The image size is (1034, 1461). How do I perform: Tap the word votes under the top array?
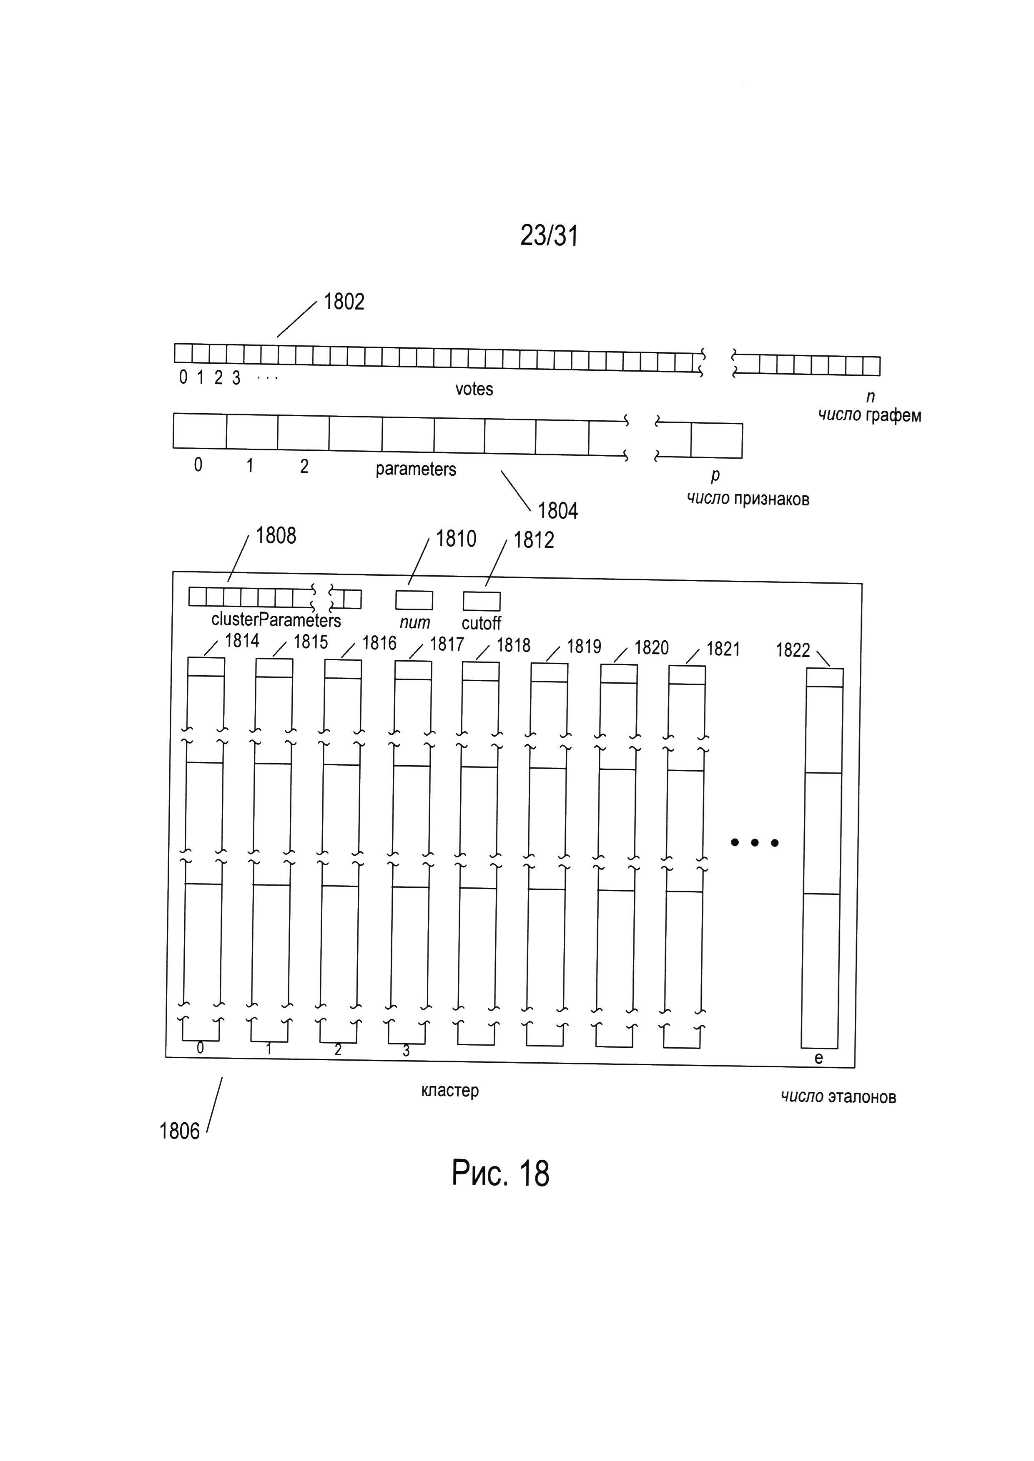point(474,389)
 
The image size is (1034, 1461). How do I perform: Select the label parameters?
point(416,470)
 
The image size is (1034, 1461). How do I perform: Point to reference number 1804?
point(558,511)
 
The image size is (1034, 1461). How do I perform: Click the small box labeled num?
point(414,600)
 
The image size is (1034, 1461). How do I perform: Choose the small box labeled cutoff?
point(481,601)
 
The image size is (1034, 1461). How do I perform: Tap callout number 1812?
point(534,540)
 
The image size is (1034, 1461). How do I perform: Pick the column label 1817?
point(447,644)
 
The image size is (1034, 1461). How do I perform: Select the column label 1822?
point(793,650)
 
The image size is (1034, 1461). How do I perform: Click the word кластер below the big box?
point(449,1091)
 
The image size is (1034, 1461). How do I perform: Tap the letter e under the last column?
point(819,1058)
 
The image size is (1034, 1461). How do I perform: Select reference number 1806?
point(180,1131)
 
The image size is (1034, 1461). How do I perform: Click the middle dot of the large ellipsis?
point(755,843)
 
